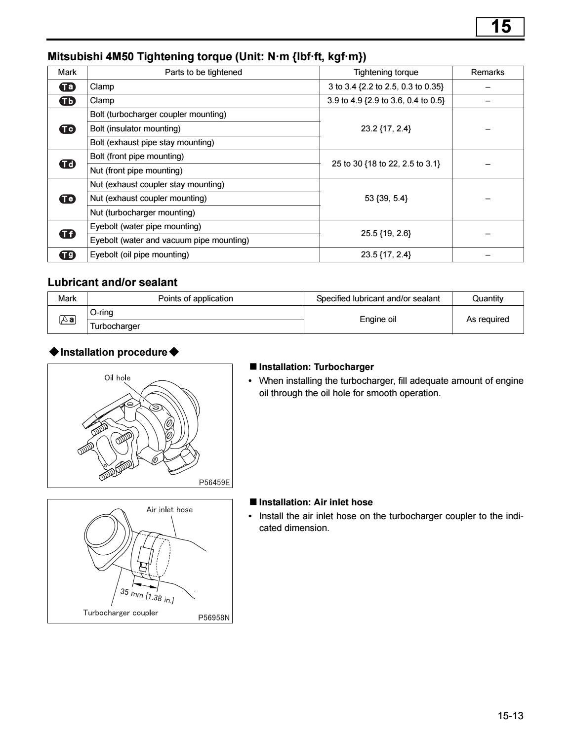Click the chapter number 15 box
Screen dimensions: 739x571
(500, 27)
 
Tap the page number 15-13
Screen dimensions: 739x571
(510, 716)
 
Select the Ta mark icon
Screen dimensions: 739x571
(67, 87)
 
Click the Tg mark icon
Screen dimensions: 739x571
(67, 255)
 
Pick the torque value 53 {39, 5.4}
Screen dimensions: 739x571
(386, 199)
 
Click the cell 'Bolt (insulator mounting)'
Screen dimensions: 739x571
(135, 129)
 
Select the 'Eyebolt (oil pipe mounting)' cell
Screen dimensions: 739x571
(139, 255)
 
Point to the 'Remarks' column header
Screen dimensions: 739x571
(488, 73)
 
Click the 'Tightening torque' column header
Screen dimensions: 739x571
(386, 73)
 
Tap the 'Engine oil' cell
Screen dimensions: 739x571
(378, 320)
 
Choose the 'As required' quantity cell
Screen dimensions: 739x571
(488, 320)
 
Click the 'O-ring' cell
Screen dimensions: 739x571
(102, 313)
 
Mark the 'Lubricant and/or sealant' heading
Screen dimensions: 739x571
(112, 283)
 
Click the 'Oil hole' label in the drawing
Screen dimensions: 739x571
(117, 378)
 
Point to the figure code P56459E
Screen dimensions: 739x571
(214, 482)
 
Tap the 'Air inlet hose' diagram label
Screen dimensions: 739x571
(169, 510)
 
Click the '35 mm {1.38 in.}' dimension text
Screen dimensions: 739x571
(147, 596)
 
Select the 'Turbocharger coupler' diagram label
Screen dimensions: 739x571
(121, 613)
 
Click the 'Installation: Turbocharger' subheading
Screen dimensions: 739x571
(316, 367)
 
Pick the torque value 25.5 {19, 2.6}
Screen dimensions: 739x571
(386, 234)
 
